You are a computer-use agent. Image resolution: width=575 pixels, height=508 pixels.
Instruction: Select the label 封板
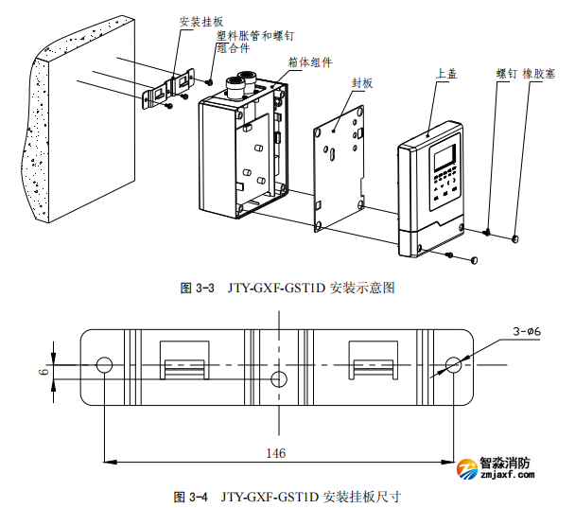[362, 83]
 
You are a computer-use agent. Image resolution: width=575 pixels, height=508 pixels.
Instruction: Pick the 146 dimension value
[275, 453]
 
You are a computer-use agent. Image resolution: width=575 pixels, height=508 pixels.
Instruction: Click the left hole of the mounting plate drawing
[105, 365]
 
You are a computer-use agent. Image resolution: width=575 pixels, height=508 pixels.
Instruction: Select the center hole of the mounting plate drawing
[278, 378]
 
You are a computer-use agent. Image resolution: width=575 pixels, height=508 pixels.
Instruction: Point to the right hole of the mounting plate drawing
[454, 365]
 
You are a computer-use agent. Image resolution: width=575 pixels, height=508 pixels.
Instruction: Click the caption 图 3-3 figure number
[199, 288]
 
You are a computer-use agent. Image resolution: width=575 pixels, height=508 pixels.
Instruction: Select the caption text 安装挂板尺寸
[362, 496]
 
